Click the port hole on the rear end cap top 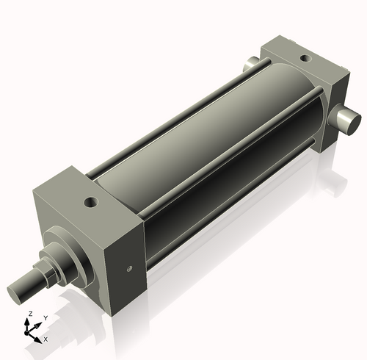(303, 56)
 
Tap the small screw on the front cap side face (129, 269)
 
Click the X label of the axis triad (46, 339)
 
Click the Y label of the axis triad (45, 317)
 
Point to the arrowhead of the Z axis (29, 321)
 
